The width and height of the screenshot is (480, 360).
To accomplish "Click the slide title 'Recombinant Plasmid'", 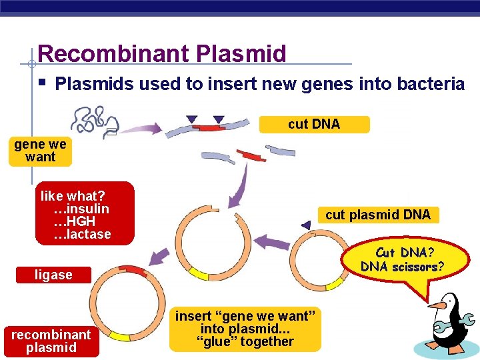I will pyautogui.click(x=162, y=53).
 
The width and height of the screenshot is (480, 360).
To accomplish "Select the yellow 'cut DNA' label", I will pyautogui.click(x=314, y=125).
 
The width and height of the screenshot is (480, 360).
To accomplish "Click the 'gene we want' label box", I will pyautogui.click(x=40, y=151).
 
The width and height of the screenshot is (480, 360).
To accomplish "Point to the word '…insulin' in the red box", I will pyautogui.click(x=81, y=209).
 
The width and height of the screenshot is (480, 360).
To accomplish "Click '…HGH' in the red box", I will pyautogui.click(x=75, y=221).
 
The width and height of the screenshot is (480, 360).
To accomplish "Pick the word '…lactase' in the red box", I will pyautogui.click(x=83, y=234).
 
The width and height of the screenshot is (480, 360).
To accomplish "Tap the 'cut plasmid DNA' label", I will pyautogui.click(x=378, y=215).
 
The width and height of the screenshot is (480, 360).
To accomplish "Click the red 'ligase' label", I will pyautogui.click(x=53, y=275).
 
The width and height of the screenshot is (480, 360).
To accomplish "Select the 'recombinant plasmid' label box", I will pyautogui.click(x=51, y=341).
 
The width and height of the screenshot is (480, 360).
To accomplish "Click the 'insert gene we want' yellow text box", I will pyautogui.click(x=245, y=329).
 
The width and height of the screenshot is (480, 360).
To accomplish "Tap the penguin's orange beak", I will pyautogui.click(x=437, y=305).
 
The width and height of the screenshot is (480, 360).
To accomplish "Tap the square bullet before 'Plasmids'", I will pyautogui.click(x=41, y=83).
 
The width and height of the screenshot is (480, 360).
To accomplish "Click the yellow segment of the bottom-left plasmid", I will pyautogui.click(x=120, y=335).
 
